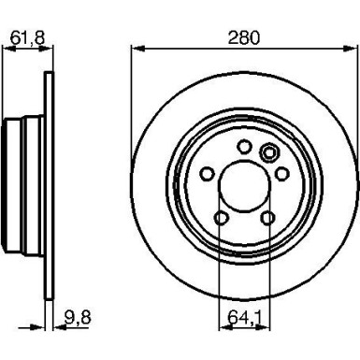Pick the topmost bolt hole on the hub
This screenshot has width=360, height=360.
[244, 145]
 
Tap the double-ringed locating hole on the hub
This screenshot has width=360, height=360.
[269, 154]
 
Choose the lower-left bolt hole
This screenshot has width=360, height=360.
[221, 217]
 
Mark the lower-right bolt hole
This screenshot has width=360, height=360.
[267, 217]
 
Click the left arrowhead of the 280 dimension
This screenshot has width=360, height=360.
[136, 47]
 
